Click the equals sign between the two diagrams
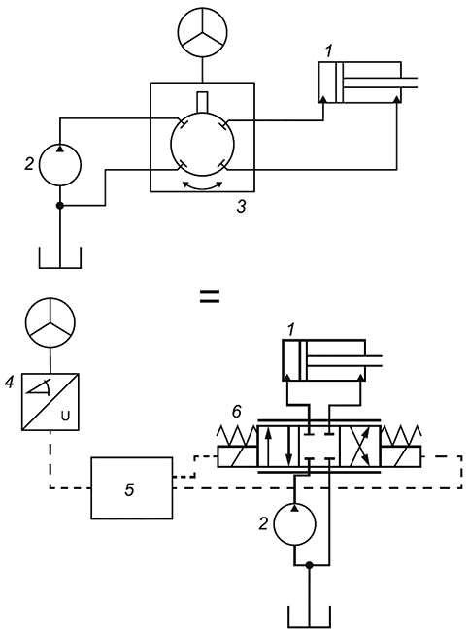210,296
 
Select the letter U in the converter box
65,416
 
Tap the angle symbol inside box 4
39,387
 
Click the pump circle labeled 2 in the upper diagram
60,165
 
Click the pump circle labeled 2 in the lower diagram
295,524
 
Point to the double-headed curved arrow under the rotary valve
203,185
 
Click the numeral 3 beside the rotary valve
242,207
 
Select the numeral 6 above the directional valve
237,412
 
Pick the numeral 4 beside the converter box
9,382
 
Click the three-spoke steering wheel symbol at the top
203,32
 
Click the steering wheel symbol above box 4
50,322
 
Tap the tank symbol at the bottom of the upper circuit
60,268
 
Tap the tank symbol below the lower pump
310,627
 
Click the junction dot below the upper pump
60,206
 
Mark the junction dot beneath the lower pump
310,565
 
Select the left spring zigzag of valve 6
237,435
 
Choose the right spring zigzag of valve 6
401,435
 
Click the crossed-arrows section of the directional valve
359,447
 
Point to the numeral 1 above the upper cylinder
328,51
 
